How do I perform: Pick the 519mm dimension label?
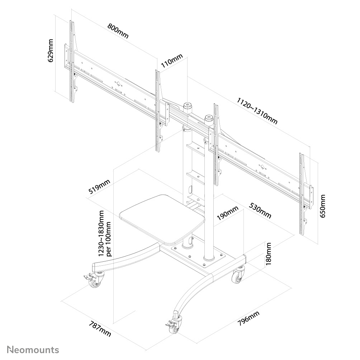point(99,187)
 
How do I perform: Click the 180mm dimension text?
point(269,254)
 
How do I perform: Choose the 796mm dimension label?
point(248,319)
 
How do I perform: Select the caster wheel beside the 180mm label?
point(237,276)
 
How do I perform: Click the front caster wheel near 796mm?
point(175,327)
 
